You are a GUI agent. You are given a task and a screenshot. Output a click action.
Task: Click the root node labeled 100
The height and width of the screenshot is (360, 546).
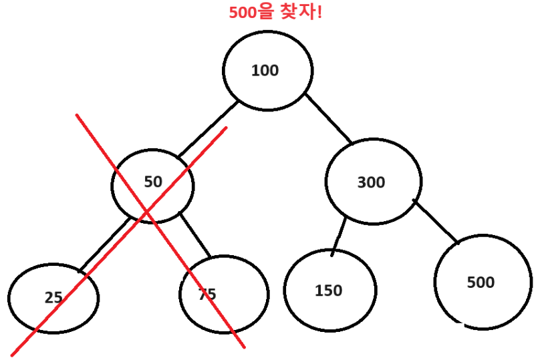click(x=267, y=71)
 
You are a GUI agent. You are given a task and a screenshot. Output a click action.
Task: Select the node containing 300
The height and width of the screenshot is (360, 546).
click(x=373, y=182)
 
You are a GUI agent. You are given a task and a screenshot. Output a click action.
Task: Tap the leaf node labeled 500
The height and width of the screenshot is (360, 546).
click(x=483, y=282)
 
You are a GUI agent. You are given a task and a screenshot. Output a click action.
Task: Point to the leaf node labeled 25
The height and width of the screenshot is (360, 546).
click(x=53, y=298)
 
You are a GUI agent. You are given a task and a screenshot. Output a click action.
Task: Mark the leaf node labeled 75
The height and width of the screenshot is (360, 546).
click(x=224, y=294)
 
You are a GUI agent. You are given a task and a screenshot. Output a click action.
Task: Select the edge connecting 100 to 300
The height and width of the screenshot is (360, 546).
click(x=329, y=119)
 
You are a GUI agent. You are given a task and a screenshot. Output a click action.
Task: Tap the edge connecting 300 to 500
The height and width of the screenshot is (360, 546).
click(x=436, y=222)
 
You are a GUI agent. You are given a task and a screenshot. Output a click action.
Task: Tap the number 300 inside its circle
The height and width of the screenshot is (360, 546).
click(x=372, y=182)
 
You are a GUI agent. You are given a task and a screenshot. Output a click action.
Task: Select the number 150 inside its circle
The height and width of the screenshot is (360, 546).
click(x=328, y=291)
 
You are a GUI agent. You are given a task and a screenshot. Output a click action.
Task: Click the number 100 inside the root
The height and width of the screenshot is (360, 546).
click(x=265, y=71)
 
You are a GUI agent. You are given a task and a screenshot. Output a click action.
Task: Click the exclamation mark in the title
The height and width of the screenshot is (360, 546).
click(x=319, y=12)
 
